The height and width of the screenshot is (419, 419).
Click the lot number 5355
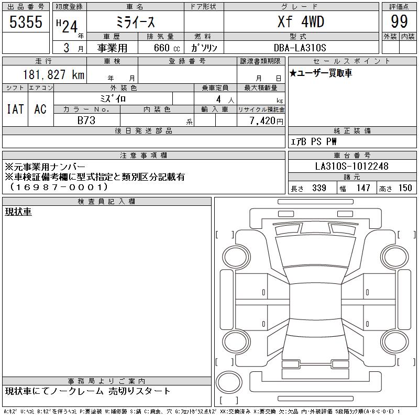[x=26, y=21]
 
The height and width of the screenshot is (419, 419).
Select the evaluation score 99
[x=399, y=21]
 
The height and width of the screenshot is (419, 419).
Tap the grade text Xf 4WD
[x=301, y=21]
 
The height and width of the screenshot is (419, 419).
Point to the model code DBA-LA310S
[x=300, y=48]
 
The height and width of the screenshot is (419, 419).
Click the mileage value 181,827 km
[x=53, y=74]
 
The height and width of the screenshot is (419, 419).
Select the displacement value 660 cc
[x=167, y=48]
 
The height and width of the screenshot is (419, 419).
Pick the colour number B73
[x=86, y=120]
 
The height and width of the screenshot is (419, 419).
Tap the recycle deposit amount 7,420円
[x=266, y=121]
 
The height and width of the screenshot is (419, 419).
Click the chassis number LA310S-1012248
[x=351, y=166]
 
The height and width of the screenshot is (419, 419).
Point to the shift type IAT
[x=15, y=109]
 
